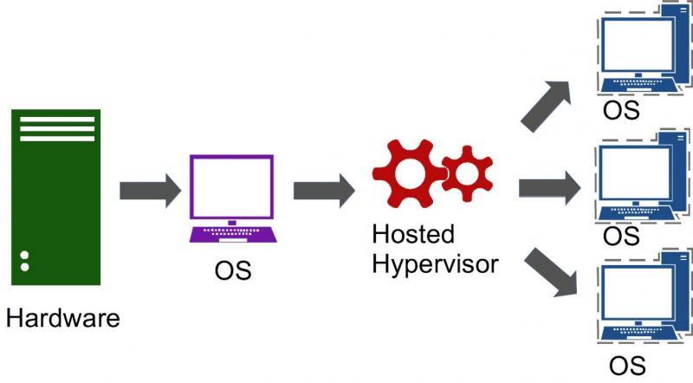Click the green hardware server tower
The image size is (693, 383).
(55, 198)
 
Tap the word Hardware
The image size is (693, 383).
(62, 318)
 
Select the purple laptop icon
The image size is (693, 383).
(233, 198)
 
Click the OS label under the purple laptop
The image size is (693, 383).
(233, 270)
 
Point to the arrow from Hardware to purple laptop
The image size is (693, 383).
(150, 191)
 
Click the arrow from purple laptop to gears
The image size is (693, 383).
(324, 191)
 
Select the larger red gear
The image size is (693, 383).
(409, 173)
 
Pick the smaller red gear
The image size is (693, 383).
(467, 173)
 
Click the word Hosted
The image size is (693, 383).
(413, 234)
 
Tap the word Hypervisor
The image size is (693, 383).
(436, 264)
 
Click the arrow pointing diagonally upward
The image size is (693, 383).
(547, 106)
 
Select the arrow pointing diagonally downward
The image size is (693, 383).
(552, 272)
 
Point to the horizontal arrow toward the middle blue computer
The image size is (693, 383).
(549, 188)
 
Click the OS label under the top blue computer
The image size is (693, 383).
(621, 110)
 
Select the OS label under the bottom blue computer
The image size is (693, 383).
(627, 367)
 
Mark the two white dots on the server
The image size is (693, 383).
(25, 261)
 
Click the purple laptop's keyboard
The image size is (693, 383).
(233, 235)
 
